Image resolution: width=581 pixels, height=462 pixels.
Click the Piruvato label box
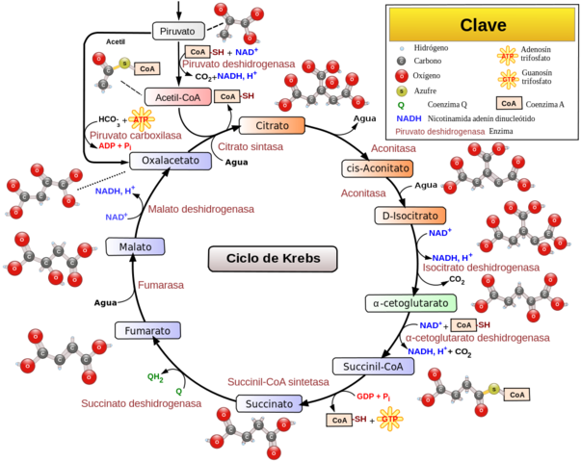pos(179,31)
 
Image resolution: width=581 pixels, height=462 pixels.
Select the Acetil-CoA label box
pos(177,97)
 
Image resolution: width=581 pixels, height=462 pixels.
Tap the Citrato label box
pos(272,126)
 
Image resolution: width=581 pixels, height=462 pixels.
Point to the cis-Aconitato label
pos(378,168)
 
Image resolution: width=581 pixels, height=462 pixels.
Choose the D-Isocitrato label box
pos(410,216)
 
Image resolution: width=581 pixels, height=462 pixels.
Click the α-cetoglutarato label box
pos(409,303)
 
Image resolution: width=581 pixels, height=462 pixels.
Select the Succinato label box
pos(268,404)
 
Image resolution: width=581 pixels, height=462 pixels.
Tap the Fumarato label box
pos(148,330)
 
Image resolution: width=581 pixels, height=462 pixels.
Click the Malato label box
pos(135,246)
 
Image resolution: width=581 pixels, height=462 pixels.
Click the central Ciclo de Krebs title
pos(273,259)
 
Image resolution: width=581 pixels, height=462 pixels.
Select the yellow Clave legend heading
pos(483,25)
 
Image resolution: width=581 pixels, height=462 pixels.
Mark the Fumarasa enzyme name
pos(160,285)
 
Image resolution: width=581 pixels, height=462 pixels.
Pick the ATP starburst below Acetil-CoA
pos(142,119)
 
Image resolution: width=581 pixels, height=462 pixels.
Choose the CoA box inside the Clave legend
pos(509,103)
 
